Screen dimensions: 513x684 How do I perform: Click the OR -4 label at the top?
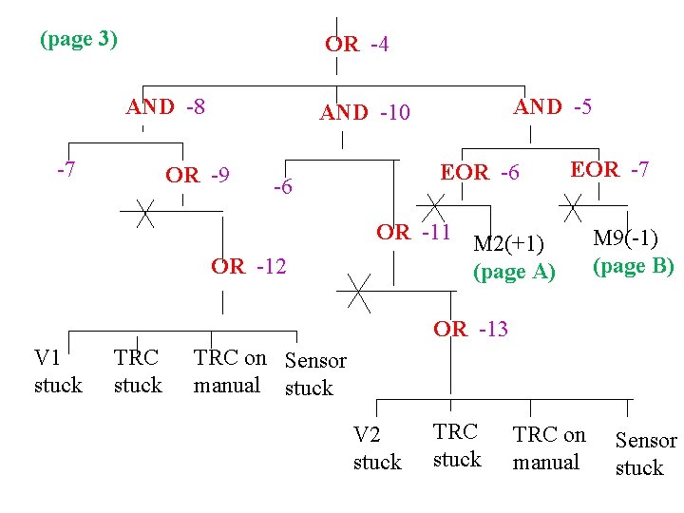coord(356,45)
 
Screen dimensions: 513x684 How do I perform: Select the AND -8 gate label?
coord(166,106)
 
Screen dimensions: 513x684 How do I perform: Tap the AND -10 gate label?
coord(365,113)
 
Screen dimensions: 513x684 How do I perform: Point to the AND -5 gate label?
coord(553,107)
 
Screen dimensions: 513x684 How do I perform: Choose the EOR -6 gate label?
coord(480,173)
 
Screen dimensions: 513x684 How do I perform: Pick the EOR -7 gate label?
coord(609,170)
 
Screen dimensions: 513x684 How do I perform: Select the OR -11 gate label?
coord(413,232)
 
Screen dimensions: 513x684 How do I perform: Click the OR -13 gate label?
coord(470,330)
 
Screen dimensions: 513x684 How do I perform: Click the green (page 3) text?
coord(79,40)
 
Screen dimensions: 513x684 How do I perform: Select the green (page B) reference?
coord(634,266)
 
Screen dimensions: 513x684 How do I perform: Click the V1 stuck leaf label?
coord(58,371)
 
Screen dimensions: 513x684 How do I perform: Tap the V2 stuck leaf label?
coord(377,448)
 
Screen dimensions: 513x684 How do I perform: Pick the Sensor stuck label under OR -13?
coord(646,454)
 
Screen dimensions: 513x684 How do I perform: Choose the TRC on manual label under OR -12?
coord(230,371)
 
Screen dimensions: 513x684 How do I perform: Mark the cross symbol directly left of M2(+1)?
coord(433,209)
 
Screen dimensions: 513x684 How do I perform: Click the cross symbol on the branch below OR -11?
coord(359,292)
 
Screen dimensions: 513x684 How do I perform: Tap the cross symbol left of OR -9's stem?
coord(144,213)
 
